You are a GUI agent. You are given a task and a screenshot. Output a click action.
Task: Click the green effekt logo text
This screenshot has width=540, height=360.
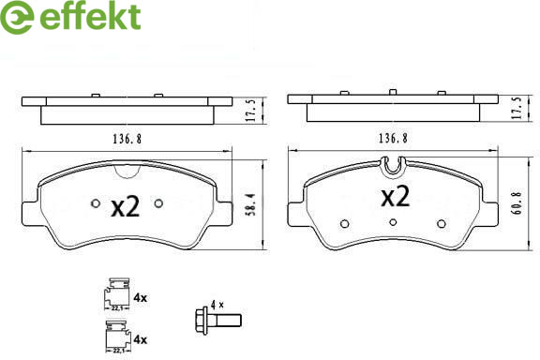90,16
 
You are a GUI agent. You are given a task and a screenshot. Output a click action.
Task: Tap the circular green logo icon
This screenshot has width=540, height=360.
17,17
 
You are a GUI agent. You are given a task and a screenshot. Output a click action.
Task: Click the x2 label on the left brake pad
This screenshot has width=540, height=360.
126,206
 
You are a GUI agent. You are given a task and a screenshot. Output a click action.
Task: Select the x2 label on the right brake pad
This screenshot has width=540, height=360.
396,196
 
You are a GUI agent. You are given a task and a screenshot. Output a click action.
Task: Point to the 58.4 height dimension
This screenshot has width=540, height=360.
252,204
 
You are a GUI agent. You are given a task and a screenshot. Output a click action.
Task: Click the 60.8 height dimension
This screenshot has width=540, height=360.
517,203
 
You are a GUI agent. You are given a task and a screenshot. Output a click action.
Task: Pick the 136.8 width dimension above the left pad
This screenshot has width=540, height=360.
127,139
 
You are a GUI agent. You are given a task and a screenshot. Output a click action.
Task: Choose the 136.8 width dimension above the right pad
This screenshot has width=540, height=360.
393,139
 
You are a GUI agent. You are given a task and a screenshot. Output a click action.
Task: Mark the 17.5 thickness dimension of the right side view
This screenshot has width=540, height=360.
517,108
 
